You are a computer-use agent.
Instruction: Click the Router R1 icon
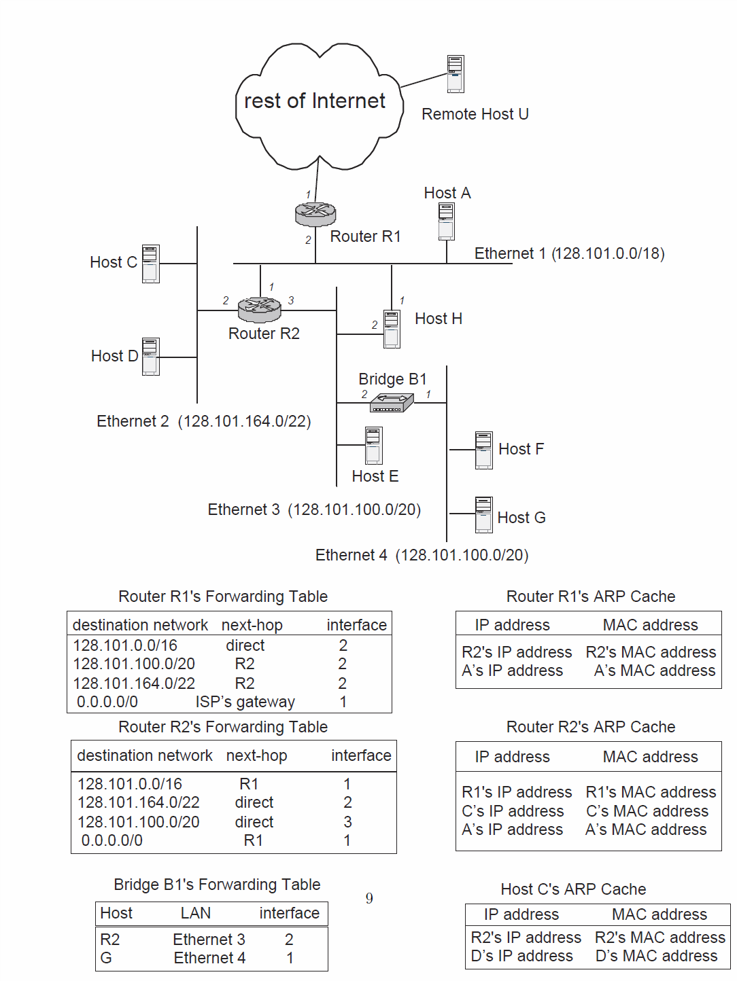pos(315,215)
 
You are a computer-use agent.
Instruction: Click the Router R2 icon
pos(260,310)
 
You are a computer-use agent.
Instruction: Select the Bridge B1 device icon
pos(392,404)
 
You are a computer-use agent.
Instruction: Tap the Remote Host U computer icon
pos(456,74)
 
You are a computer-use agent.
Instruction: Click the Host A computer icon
pos(446,221)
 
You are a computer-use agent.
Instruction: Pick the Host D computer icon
pos(151,357)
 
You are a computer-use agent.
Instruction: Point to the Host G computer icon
pos(483,515)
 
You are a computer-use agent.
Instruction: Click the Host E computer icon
pos(373,446)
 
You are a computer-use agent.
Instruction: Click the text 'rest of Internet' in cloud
pos(314,101)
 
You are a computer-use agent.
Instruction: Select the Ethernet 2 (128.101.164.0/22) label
pos(203,421)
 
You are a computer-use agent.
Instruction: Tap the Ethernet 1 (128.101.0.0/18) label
pos(569,253)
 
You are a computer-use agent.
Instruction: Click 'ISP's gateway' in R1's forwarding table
pos(245,702)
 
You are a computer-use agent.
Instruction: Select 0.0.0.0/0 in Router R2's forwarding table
pos(112,840)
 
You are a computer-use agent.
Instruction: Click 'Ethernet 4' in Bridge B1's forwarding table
pos(209,958)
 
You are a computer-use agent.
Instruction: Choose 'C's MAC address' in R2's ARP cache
pos(647,811)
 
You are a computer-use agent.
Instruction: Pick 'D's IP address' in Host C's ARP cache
pos(521,956)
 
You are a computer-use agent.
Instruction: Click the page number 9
pos(369,898)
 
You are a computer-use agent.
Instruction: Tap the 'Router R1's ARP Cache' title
pos(590,596)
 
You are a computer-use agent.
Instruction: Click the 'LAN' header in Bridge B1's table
pos(196,913)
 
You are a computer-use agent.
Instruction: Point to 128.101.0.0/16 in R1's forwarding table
pos(125,645)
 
